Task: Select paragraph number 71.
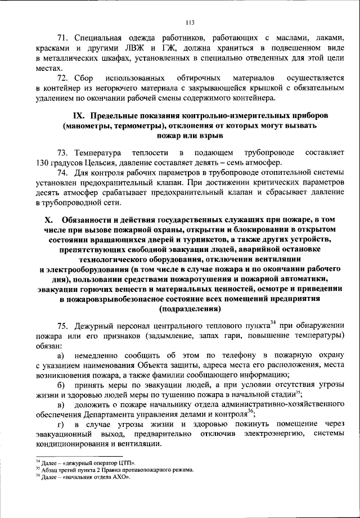[x=63, y=38]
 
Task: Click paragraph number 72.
[x=63, y=78]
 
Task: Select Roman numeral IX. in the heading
[x=80, y=115]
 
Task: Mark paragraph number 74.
[x=63, y=173]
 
